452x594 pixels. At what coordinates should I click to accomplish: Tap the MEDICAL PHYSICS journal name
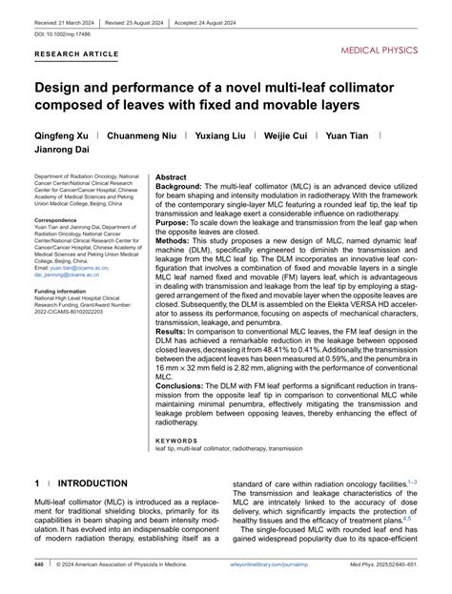389,46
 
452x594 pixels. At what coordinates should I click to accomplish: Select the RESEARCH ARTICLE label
78,55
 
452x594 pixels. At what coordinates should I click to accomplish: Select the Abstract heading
171,177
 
